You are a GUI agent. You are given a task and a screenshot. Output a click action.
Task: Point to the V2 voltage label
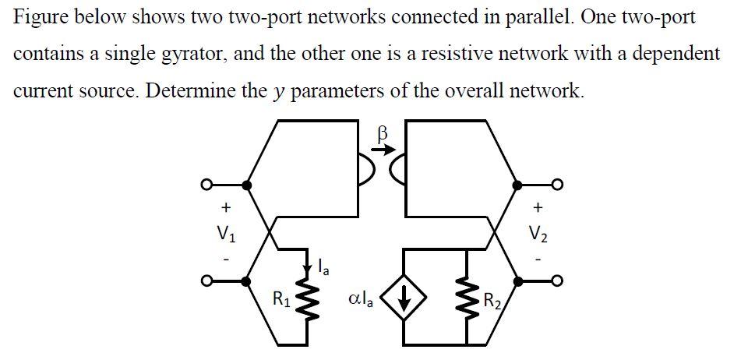point(538,232)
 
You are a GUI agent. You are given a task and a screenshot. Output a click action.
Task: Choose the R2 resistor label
point(492,299)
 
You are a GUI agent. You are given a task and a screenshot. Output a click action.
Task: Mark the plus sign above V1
point(225,208)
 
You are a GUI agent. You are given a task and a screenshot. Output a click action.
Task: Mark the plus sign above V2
point(538,208)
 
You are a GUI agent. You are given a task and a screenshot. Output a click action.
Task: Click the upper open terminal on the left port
point(206,185)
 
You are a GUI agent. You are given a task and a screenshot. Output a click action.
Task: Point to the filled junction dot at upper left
point(247,185)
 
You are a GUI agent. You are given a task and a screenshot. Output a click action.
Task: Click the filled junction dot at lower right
point(516,281)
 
